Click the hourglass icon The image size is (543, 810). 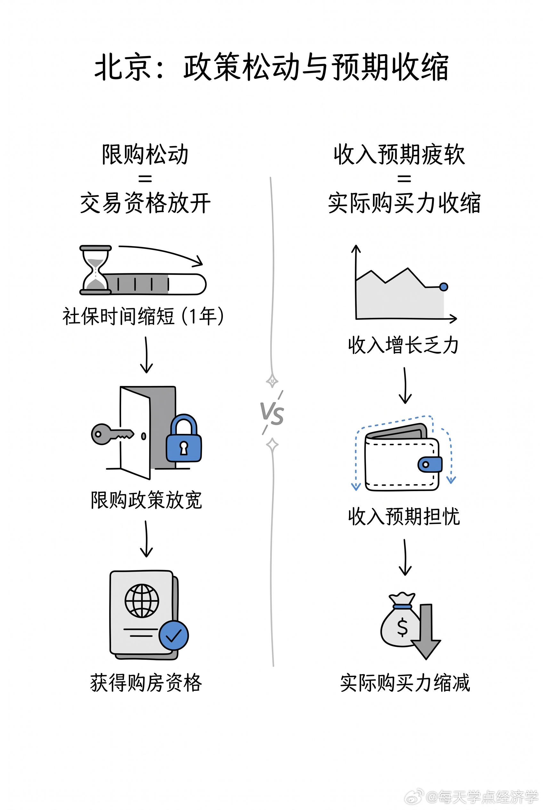pos(96,270)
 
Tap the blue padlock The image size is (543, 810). pos(183,438)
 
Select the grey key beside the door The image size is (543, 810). pos(112,434)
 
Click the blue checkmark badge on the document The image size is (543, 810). pos(174,635)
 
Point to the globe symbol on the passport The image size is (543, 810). pos(142,601)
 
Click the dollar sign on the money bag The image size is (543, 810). pos(402,627)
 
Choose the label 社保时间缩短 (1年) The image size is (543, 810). pos(143,316)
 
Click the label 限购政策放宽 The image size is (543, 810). pos(146,500)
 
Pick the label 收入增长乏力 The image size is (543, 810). pos(403,345)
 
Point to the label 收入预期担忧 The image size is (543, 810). pos(404,517)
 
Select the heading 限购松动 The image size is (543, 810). pos(145,154)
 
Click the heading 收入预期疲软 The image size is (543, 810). pos(399,154)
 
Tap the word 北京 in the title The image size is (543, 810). pos(123,67)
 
